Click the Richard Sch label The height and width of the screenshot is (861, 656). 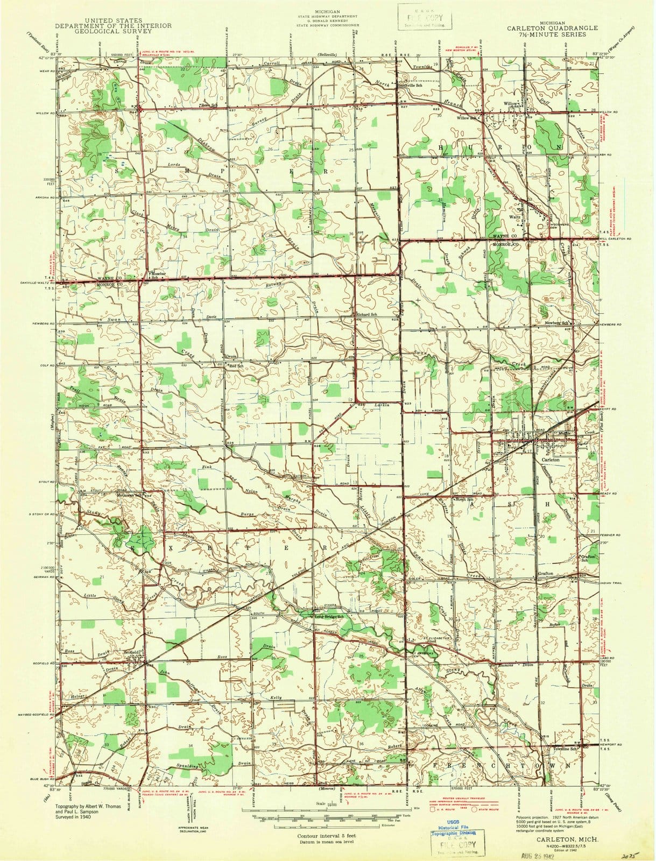click(366, 314)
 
